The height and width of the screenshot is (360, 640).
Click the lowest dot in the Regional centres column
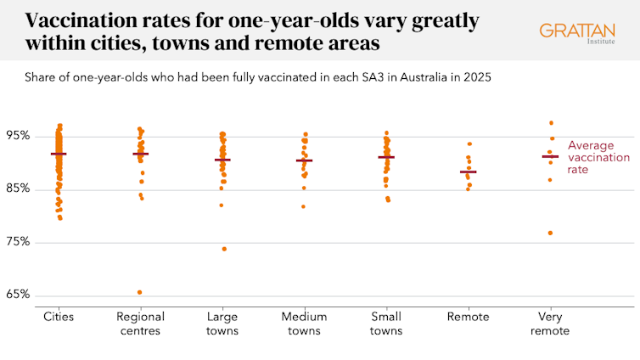pos(140,292)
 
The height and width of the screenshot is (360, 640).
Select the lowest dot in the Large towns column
pos(224,249)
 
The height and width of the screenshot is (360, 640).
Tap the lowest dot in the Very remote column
pos(550,233)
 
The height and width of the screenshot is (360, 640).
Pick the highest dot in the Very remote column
pos(551,123)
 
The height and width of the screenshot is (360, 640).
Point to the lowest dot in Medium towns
pos(304,206)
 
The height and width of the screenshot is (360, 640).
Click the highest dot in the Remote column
pos(469,144)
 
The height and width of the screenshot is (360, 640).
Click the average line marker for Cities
pos(59,154)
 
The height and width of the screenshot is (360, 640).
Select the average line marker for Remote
pos(469,172)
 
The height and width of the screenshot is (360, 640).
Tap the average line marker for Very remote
pos(550,156)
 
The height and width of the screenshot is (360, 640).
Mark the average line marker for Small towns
pos(386,157)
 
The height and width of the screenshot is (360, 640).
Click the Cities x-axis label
pos(59,317)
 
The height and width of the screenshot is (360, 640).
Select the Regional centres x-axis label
pos(141,323)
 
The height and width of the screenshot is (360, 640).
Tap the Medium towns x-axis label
pos(305,323)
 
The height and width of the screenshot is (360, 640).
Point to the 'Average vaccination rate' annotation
pos(598,157)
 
